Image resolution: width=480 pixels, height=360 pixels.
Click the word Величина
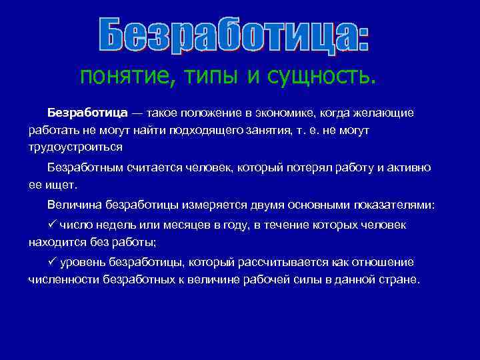coord(73,205)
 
